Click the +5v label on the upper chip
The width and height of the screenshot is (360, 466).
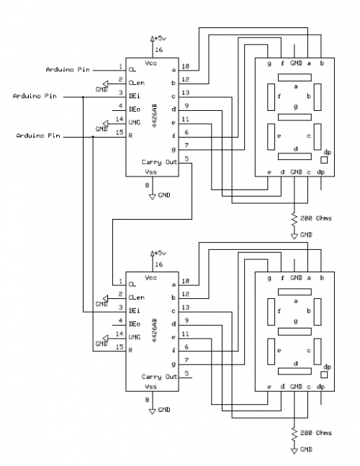(160, 38)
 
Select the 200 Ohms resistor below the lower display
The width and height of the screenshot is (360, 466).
(294, 434)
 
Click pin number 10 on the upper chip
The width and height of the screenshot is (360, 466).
(185, 66)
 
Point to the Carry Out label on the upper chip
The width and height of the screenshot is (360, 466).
(159, 162)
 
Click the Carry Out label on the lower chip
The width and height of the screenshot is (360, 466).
(159, 377)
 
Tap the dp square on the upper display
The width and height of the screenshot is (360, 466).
(324, 160)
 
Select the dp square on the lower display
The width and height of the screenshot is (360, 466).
(324, 375)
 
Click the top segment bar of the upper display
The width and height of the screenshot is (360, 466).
(294, 78)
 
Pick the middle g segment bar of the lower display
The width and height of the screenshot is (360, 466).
(294, 331)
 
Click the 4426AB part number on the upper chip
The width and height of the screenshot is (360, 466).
(155, 116)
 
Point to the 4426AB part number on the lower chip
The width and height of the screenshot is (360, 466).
(155, 331)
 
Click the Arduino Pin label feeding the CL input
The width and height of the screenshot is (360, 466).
(68, 70)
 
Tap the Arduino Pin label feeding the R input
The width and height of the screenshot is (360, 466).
(38, 135)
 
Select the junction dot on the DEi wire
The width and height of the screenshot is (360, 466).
(83, 97)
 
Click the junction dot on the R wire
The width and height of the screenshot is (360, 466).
(93, 137)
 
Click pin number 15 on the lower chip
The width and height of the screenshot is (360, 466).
(120, 347)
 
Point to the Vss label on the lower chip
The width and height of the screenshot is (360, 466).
(151, 387)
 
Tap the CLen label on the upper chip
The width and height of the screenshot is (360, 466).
(137, 83)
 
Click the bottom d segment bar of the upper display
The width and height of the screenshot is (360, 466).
(294, 156)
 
